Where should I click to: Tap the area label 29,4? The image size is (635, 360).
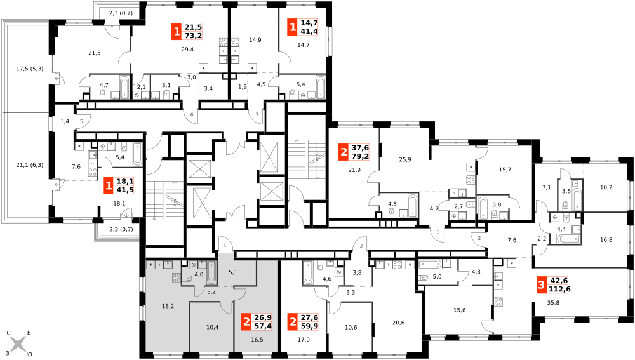pos(187,50)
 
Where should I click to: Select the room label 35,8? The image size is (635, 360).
pos(553,302)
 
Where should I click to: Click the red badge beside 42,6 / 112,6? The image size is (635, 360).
pos(540,284)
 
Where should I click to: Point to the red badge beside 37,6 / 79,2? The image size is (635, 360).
pos(344,152)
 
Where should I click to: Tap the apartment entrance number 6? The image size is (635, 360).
pos(192,114)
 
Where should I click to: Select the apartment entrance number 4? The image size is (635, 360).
pos(224,246)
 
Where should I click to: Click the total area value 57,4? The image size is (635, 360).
pos(263,326)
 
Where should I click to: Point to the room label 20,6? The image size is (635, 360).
pos(398,323)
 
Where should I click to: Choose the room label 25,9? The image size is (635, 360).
pos(405,159)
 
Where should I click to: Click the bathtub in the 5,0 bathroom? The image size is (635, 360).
pos(430,264)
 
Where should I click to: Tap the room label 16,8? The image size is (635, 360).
pos(606,240)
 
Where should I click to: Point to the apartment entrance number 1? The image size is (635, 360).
pos(438,232)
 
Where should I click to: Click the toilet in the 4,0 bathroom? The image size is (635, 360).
pos(188,279)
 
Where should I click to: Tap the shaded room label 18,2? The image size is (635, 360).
pos(168,306)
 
